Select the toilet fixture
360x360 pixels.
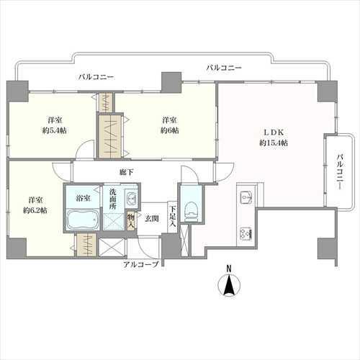coord(191,210)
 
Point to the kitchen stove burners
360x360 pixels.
coord(244,233)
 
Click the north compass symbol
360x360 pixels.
coord(229,286)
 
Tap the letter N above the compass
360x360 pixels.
coord(229,269)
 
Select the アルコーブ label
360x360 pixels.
coord(139,265)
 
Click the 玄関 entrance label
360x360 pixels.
coord(151,217)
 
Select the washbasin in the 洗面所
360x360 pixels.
coord(131,198)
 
